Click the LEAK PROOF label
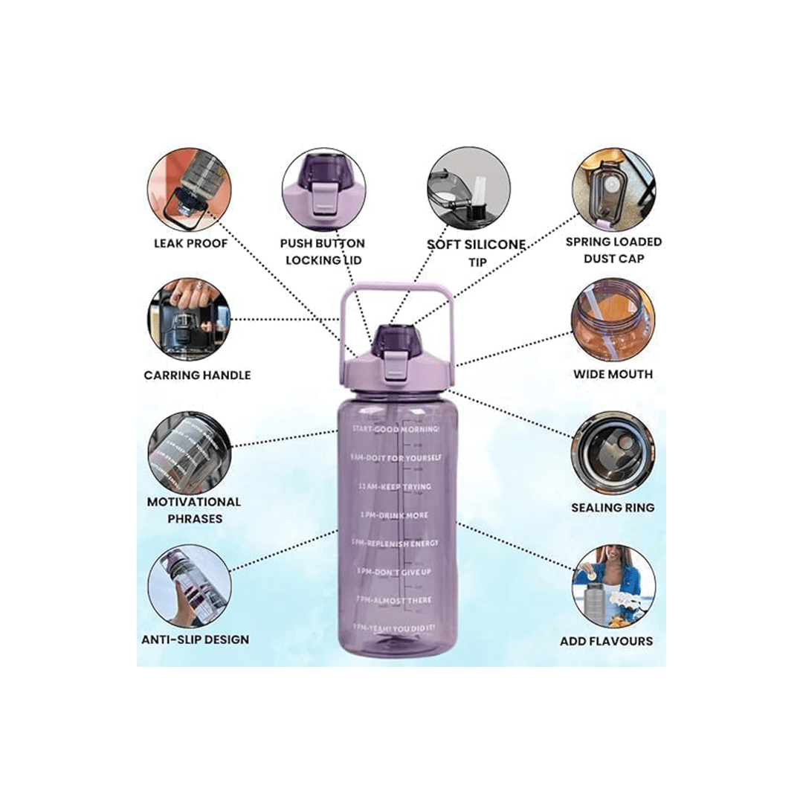[x=190, y=242]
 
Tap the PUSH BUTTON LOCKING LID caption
[x=323, y=250]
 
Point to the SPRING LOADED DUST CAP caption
[x=613, y=250]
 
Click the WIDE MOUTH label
[x=613, y=374]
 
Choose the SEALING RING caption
[x=613, y=507]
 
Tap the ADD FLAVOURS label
[x=606, y=640]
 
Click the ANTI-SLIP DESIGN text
[x=195, y=639]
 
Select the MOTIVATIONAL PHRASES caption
[x=194, y=510]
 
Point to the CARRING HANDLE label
[x=197, y=375]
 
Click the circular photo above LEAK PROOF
[x=189, y=188]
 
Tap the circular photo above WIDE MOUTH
[x=613, y=320]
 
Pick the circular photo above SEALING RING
[x=613, y=453]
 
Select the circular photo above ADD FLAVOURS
[x=613, y=586]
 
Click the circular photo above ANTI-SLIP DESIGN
[x=189, y=586]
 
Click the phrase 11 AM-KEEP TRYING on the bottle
[x=394, y=486]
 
